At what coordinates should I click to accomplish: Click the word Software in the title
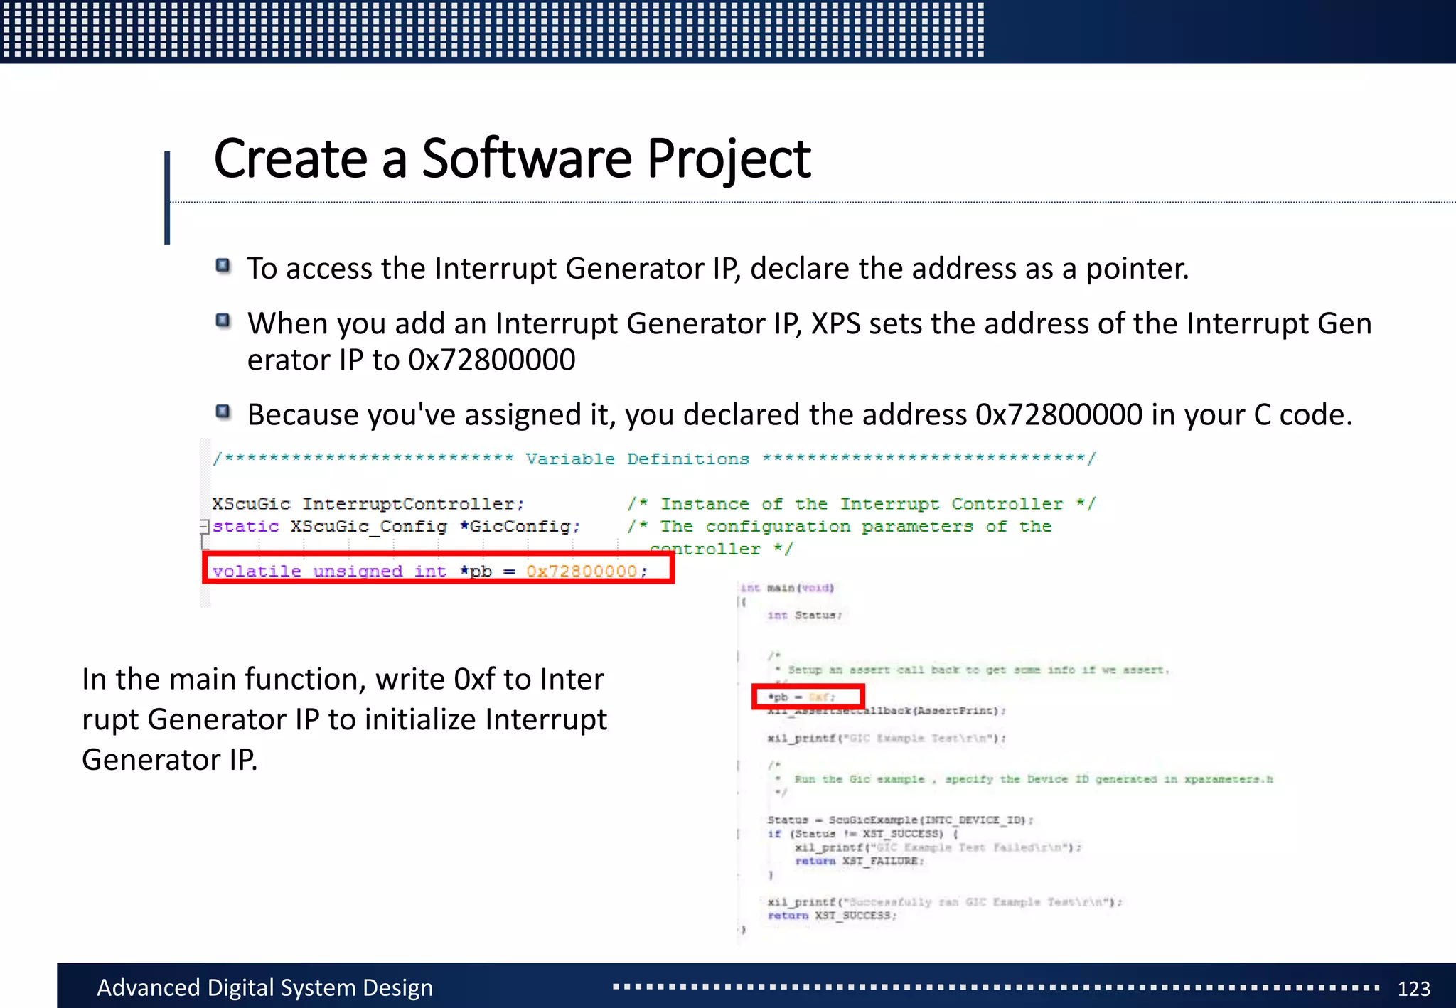526,159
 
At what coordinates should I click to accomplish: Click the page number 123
1413,989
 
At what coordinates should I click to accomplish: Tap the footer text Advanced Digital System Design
264,988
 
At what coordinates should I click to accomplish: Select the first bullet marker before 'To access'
223,266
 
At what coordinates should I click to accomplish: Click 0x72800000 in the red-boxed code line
582,571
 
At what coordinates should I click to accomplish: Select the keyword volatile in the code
257,571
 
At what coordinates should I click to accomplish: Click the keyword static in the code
246,526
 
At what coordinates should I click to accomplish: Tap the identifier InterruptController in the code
412,504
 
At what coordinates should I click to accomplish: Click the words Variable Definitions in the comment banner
637,459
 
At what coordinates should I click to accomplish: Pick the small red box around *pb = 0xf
808,697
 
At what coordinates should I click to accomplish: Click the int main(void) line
787,588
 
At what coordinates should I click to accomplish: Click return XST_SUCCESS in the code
832,916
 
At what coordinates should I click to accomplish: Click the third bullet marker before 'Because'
223,412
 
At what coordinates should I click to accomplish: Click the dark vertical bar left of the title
167,198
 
